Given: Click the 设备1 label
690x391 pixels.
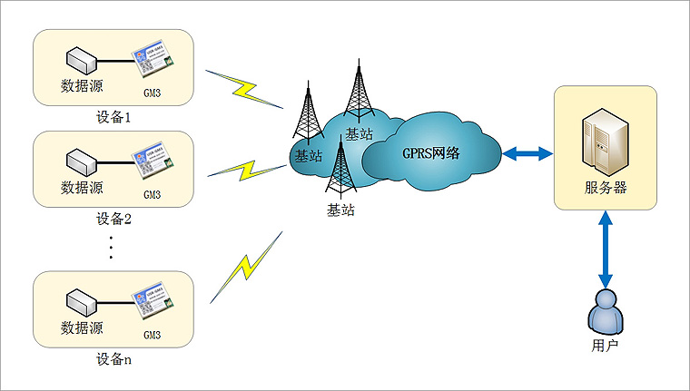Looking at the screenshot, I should point(113,117).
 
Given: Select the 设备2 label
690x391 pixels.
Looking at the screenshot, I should point(113,219).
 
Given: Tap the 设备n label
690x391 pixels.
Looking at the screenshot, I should point(113,358).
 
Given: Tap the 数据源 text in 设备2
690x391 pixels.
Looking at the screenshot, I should point(82,188).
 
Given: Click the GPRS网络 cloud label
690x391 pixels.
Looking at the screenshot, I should point(430,152).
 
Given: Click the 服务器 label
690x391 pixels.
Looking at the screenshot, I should point(605,189).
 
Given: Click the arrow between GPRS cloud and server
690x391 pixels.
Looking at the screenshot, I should point(528,153).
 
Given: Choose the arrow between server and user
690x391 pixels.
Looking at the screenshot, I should point(605,251).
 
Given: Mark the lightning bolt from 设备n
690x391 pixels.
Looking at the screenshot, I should point(245,267).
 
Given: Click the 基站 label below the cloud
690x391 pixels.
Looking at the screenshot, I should point(340,210).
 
